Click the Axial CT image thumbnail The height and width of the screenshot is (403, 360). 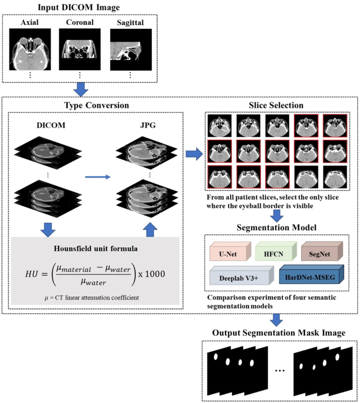point(30,49)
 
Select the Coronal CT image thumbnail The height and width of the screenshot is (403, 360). point(79,49)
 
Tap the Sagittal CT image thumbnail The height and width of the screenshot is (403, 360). point(130,49)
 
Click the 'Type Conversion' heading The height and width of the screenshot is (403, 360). point(96,105)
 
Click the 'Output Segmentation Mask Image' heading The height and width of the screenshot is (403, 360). point(279,333)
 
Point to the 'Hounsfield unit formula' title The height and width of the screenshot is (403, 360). point(95,248)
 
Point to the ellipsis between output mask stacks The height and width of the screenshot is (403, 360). point(280,370)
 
